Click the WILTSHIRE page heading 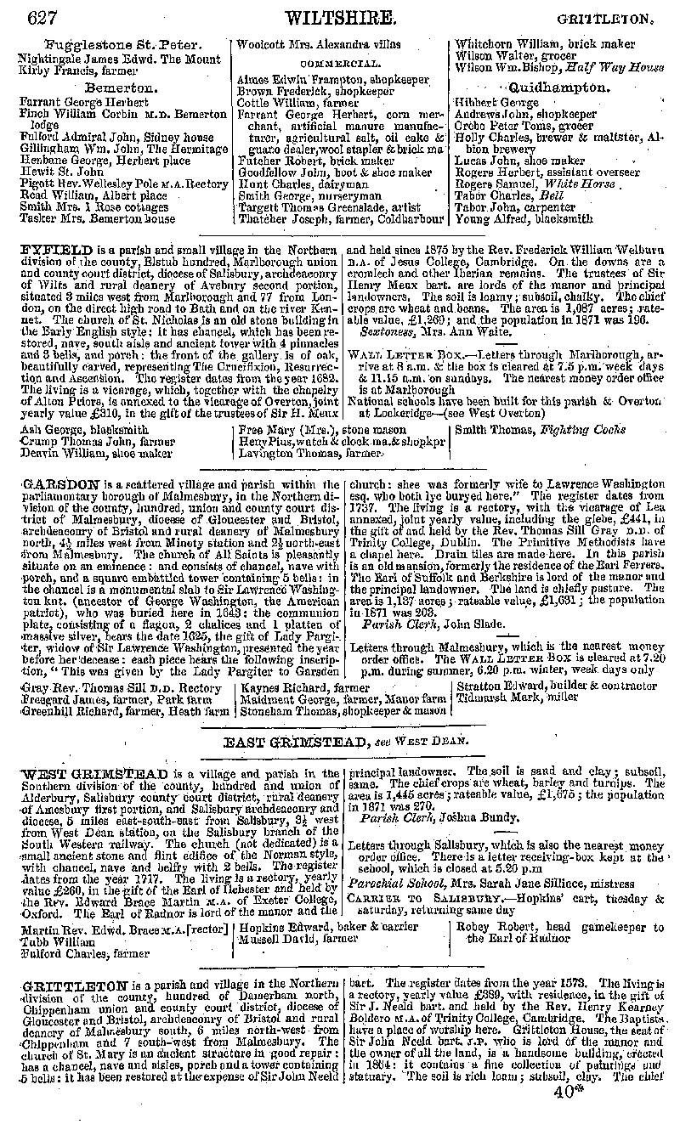tap(340, 16)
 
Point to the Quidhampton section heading tap(558, 88)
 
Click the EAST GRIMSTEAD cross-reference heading tap(295, 741)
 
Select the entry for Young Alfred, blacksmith tap(524, 218)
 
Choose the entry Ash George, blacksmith tap(83, 430)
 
